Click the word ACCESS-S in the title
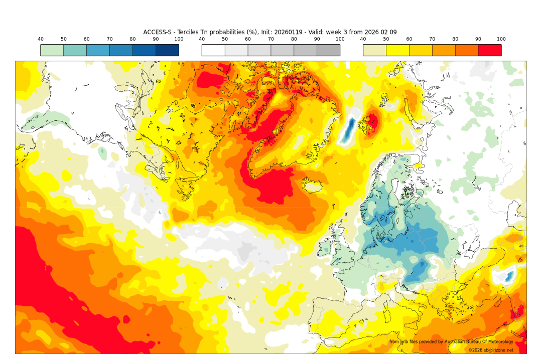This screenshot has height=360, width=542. [158, 32]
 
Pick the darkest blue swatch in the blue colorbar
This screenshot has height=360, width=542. [167, 50]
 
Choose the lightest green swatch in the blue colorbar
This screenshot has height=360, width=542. [52, 50]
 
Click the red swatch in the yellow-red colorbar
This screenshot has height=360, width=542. [489, 50]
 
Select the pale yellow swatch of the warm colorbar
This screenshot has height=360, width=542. [374, 50]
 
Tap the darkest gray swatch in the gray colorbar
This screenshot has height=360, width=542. [328, 50]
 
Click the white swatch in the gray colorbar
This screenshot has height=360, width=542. [213, 50]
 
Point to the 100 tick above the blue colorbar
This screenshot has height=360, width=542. [179, 39]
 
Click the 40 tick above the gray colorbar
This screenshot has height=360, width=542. [202, 39]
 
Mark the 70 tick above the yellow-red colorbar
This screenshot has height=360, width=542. [432, 39]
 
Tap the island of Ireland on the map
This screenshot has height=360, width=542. [326, 249]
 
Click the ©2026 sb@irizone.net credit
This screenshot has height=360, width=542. [491, 350]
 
